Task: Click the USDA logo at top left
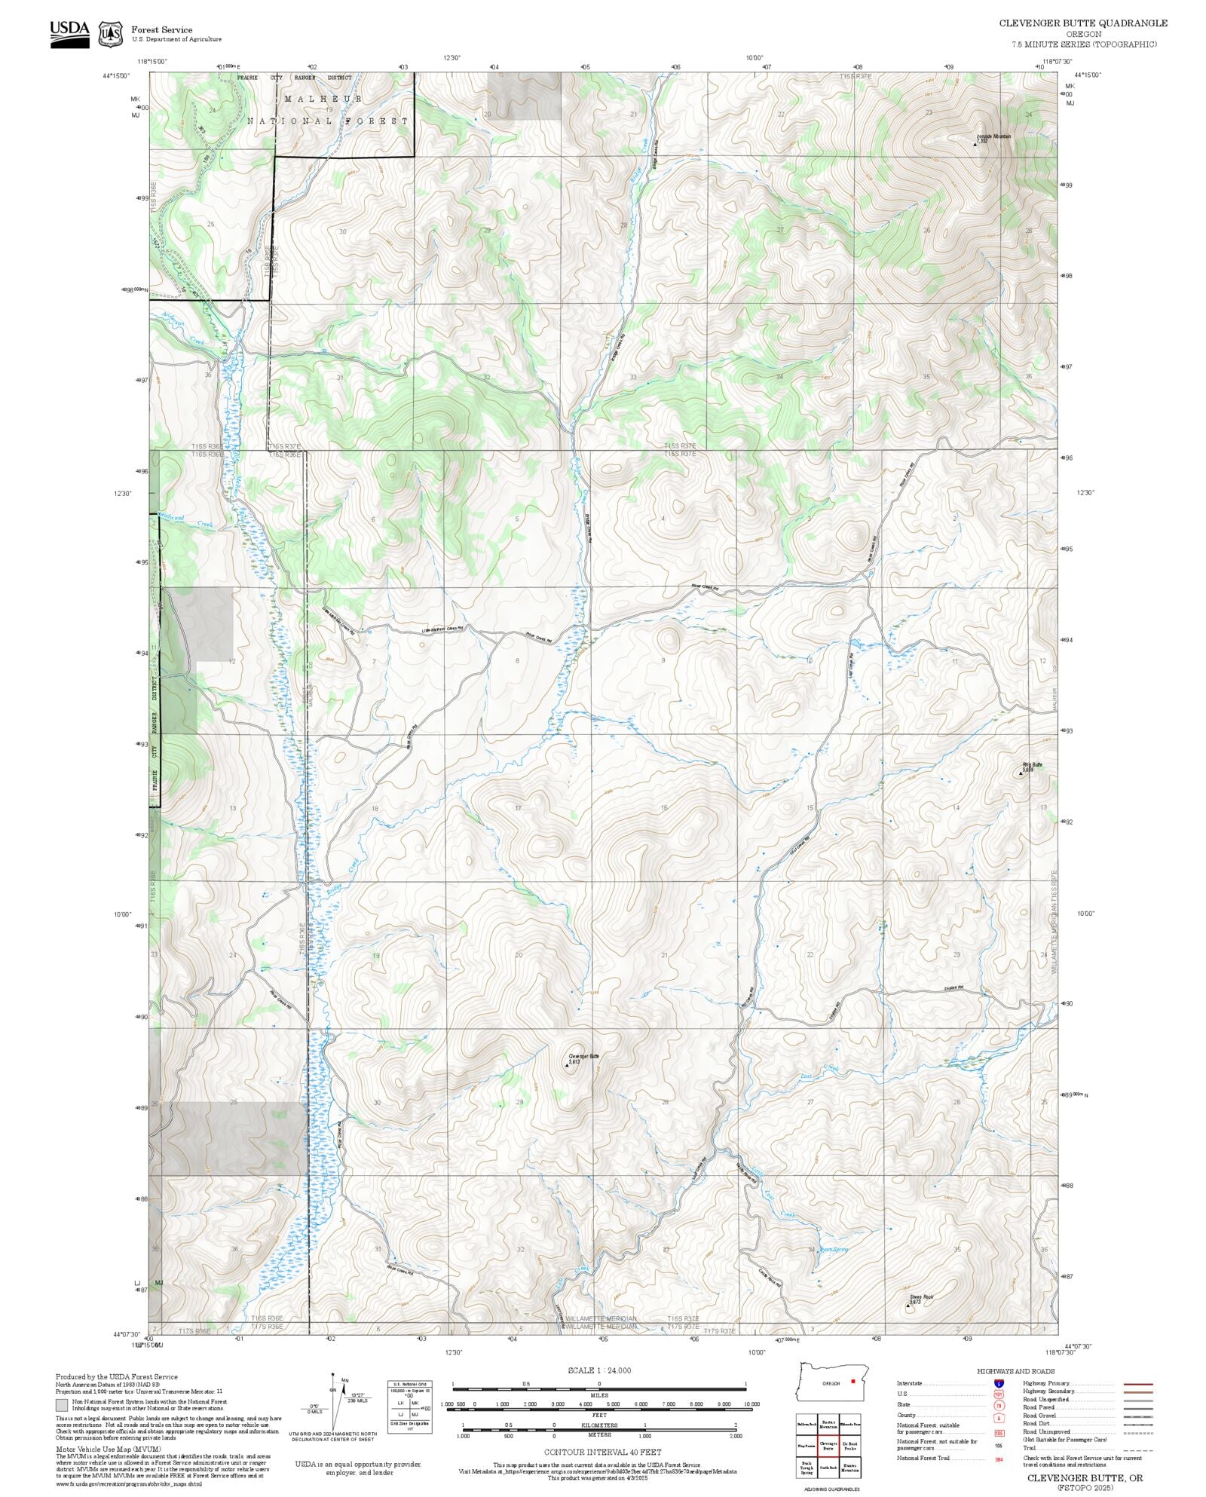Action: [69, 34]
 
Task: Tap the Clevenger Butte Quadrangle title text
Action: [1083, 23]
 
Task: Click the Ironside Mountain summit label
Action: [993, 136]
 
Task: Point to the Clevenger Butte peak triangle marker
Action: [567, 1065]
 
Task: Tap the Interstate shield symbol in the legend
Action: [998, 1384]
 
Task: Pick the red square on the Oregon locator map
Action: [852, 1382]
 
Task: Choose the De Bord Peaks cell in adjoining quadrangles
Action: [849, 1446]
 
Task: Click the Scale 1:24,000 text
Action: [599, 1370]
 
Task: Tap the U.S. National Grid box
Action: [410, 1407]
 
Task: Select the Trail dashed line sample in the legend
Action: [1137, 1447]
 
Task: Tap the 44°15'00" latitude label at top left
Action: [116, 75]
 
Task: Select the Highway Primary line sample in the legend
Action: [1137, 1384]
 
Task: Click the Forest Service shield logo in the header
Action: [112, 34]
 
